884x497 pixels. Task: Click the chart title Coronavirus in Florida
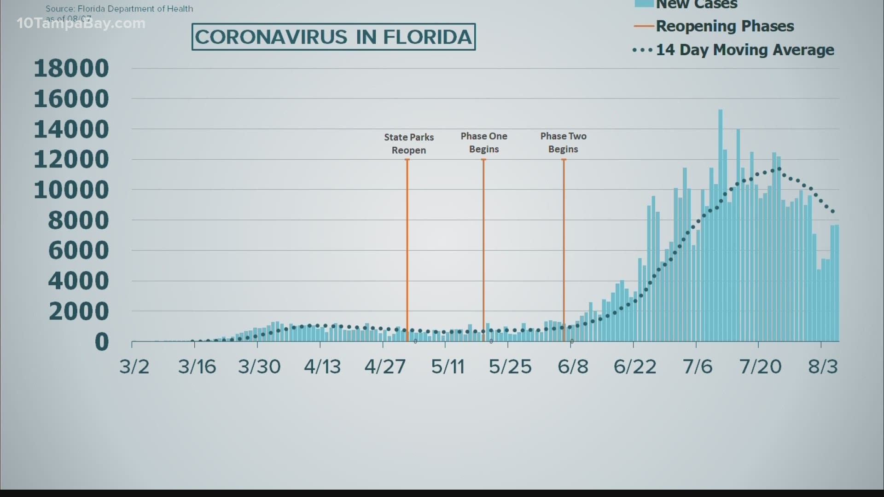click(333, 37)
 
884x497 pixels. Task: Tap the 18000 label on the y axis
click(71, 68)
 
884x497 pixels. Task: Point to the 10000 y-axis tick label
click(71, 190)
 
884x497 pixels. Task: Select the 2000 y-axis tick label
click(78, 312)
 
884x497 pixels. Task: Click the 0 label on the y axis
click(102, 342)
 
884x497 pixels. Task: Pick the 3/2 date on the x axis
click(134, 367)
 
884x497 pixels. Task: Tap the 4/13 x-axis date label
click(322, 367)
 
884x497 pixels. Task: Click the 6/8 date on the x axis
click(573, 367)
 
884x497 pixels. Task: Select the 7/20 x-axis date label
click(760, 367)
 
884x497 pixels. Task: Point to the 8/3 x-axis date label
click(823, 367)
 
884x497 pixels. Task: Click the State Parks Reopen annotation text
click(409, 144)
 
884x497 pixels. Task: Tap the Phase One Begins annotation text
click(484, 143)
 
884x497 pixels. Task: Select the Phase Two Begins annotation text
click(563, 143)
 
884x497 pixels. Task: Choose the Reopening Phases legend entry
click(725, 26)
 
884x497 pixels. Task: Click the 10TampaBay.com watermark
click(81, 23)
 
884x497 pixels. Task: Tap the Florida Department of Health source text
click(119, 9)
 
